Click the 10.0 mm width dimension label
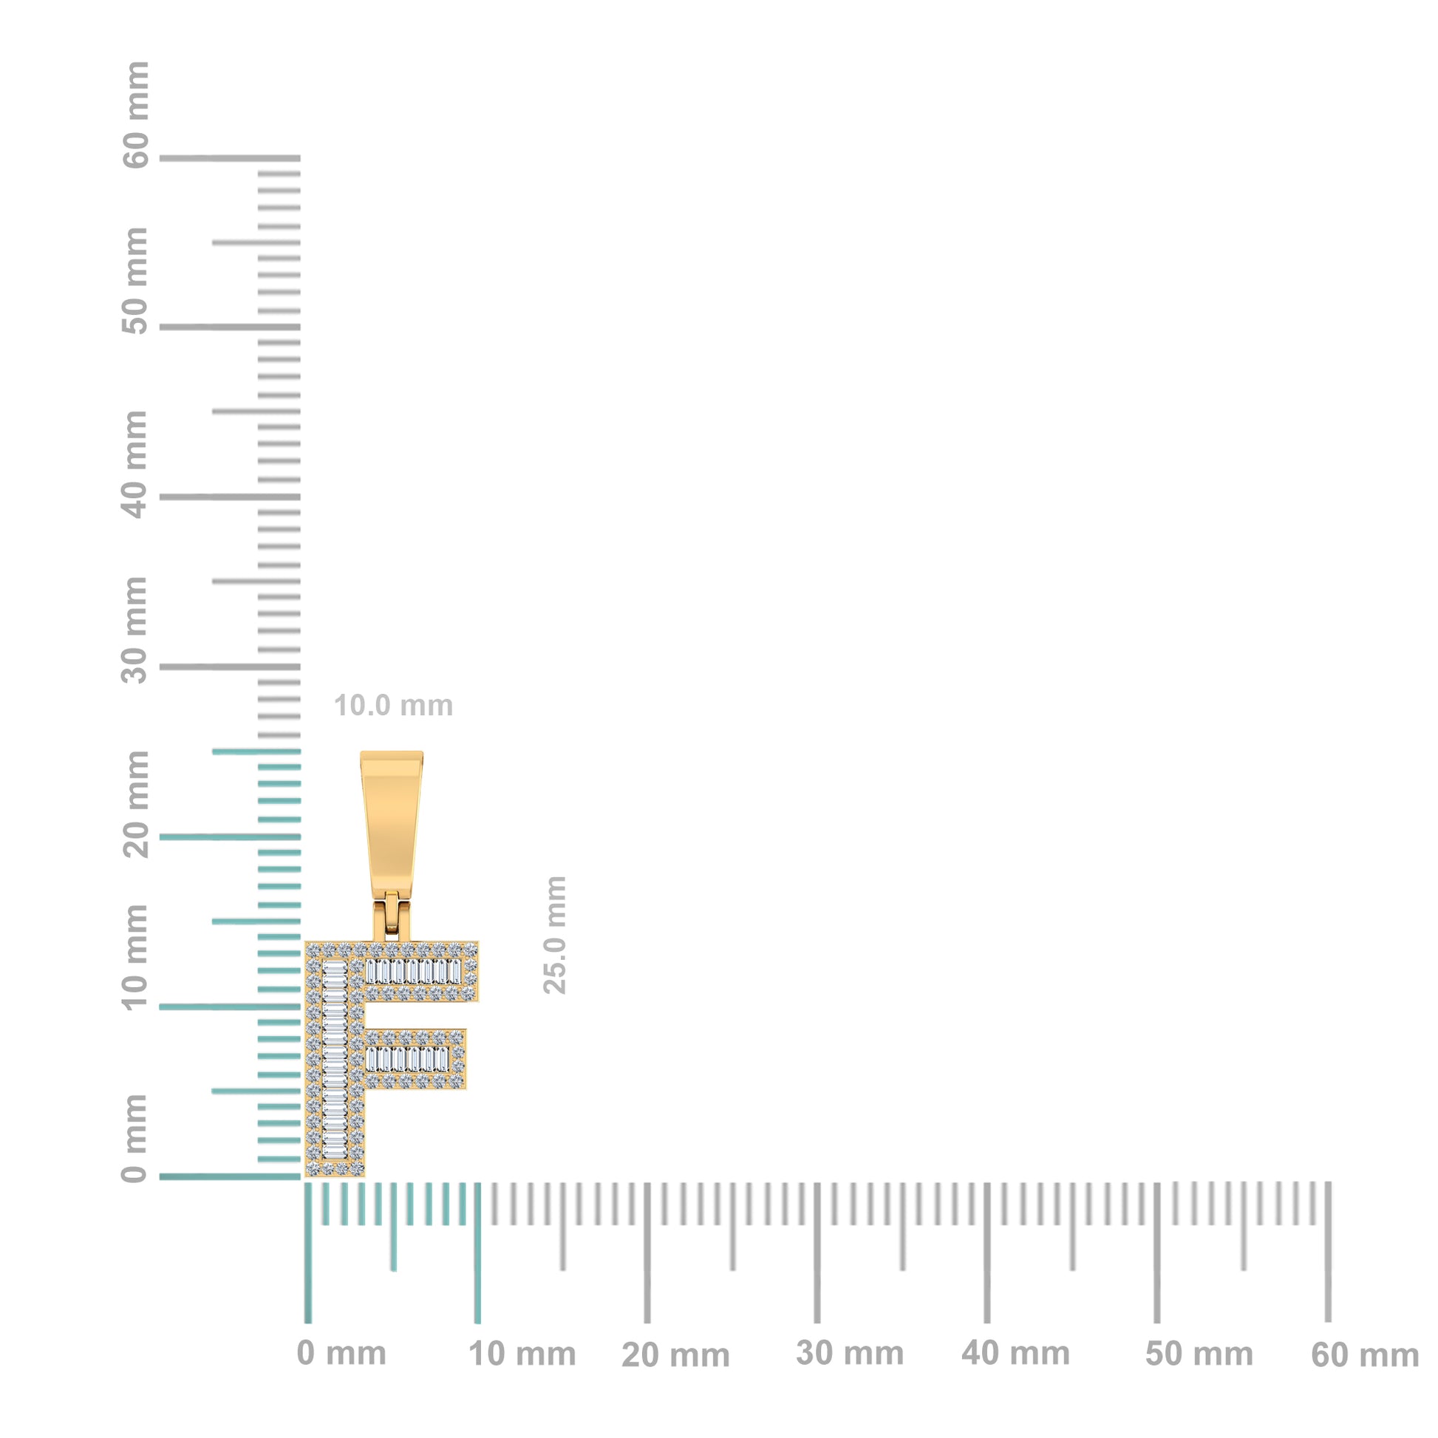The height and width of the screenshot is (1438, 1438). [x=393, y=706]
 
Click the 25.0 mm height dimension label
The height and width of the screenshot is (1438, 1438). [x=555, y=935]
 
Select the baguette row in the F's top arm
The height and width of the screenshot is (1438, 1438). [x=413, y=971]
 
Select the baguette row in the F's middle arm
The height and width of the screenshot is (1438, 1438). [x=407, y=1058]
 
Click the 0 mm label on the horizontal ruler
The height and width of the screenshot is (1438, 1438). [x=341, y=1353]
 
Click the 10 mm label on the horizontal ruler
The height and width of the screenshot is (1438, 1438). [x=522, y=1354]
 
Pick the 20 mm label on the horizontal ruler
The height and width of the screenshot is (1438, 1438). [x=675, y=1355]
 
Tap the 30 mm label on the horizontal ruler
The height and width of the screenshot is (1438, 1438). [x=849, y=1353]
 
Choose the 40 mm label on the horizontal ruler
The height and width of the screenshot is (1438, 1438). [x=1015, y=1353]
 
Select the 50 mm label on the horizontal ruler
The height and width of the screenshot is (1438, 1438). [x=1199, y=1354]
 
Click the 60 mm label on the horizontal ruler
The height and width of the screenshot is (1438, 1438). [x=1364, y=1355]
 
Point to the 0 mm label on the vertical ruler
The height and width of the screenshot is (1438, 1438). [x=135, y=1138]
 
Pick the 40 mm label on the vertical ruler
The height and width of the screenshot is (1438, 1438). [x=135, y=465]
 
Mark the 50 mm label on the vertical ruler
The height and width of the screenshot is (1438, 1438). [x=135, y=282]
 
